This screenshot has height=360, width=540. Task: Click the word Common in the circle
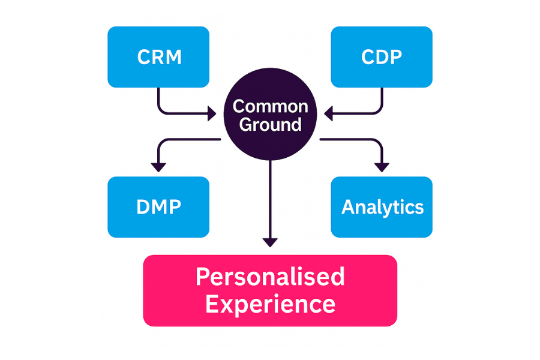click(x=270, y=107)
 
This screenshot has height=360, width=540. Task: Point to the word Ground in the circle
click(x=270, y=125)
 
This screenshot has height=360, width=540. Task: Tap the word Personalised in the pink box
click(x=270, y=277)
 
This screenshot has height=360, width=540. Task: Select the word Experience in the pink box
click(x=270, y=304)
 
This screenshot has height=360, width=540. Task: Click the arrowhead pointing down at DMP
click(x=158, y=167)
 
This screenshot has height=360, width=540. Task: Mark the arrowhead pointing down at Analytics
click(x=382, y=167)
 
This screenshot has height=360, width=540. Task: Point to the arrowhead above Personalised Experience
click(x=271, y=242)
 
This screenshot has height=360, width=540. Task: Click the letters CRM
click(x=159, y=58)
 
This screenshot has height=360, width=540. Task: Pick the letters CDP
click(x=382, y=58)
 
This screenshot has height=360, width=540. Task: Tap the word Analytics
click(x=382, y=208)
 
